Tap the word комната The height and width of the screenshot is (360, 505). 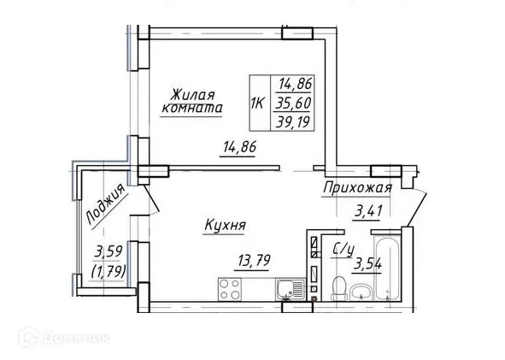point(192,109)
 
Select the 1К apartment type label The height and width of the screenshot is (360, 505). point(255,102)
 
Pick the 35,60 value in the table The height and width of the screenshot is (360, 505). point(293,101)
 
